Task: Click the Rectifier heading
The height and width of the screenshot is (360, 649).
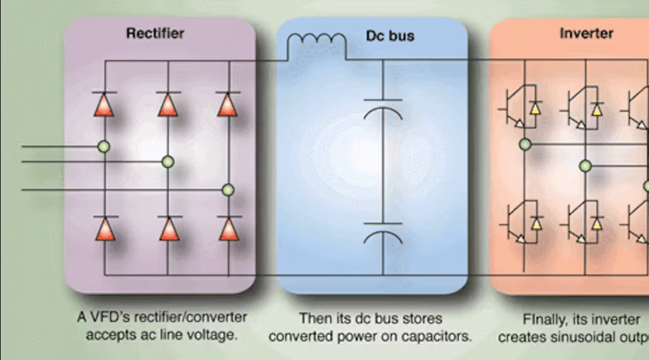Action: (155, 33)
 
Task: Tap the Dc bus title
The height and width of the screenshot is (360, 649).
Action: (390, 36)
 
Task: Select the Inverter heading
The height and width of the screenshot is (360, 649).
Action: (586, 33)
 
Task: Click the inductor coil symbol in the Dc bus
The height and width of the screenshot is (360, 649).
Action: (316, 44)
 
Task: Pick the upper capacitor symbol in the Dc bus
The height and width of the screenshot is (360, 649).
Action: (383, 109)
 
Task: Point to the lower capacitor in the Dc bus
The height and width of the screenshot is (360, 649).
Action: (383, 233)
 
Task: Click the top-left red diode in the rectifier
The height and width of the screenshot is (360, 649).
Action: (104, 105)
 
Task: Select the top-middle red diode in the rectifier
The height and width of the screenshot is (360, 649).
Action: (168, 105)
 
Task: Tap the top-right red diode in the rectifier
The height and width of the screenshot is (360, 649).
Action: (228, 105)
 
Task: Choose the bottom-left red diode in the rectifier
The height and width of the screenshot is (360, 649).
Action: (105, 229)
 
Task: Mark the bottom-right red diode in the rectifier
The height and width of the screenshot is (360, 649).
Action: (229, 229)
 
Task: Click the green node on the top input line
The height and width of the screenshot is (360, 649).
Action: (104, 146)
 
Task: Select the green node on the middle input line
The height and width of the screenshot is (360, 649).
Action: (168, 162)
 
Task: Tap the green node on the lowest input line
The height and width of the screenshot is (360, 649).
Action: (228, 190)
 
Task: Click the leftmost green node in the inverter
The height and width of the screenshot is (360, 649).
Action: (525, 144)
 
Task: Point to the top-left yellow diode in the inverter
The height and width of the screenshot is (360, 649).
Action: (536, 108)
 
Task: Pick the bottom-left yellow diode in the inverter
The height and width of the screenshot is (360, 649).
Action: (536, 223)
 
